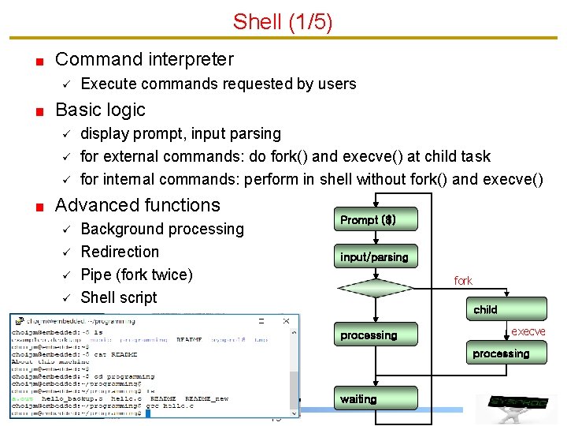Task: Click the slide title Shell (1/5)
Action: pos(283,21)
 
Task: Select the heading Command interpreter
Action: pos(144,59)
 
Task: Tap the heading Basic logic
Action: pos(100,110)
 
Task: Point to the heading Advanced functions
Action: pos(138,205)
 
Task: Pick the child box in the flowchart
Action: pos(485,309)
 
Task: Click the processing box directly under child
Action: pos(501,354)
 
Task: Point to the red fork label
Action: pos(463,280)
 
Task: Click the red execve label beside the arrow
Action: pos(528,331)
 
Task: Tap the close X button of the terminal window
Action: pos(286,320)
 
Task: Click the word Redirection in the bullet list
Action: pos(120,252)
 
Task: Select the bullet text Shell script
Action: pos(119,297)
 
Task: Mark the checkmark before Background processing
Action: pos(66,230)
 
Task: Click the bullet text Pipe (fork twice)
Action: pos(136,275)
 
